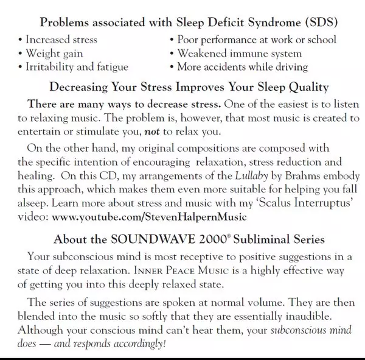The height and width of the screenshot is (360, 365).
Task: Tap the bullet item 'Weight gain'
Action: (54, 54)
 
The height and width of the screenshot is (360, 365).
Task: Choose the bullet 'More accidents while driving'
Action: (242, 66)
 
